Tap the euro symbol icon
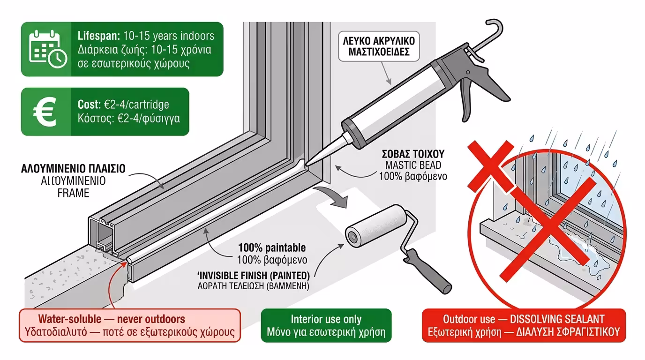pyautogui.click(x=45, y=112)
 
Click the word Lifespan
pyautogui.click(x=97, y=36)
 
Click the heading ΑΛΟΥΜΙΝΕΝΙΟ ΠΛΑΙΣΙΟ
pyautogui.click(x=73, y=169)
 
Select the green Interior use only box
pyautogui.click(x=326, y=326)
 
